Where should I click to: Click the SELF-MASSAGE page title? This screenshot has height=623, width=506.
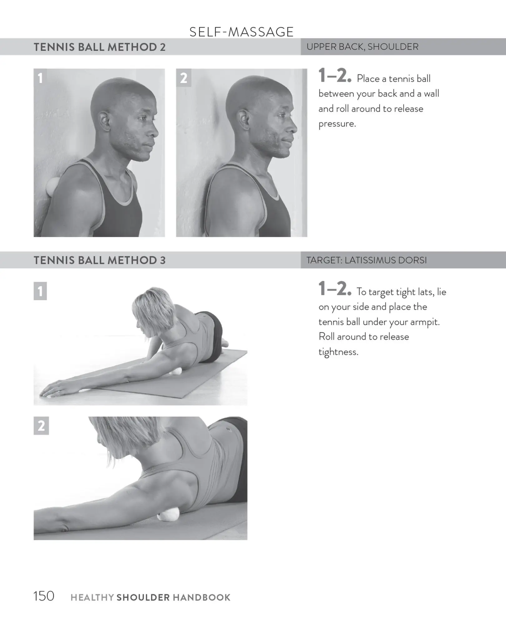tap(241, 32)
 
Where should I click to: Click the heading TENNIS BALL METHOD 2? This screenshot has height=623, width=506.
tap(100, 47)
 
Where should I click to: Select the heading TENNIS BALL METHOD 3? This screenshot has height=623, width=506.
tap(100, 260)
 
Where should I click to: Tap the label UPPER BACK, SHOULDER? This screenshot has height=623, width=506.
tap(362, 47)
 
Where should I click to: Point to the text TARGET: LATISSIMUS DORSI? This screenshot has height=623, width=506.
tap(366, 260)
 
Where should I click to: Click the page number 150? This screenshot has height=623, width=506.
tap(44, 596)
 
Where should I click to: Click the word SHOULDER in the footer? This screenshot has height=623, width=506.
tap(143, 597)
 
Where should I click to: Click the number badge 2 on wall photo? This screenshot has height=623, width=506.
tap(183, 78)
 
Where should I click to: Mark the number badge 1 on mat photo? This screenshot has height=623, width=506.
tap(40, 291)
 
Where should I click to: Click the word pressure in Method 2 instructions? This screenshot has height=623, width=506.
tap(337, 124)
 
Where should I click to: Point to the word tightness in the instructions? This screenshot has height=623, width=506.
tap(338, 352)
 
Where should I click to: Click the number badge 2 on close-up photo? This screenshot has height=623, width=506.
tap(41, 426)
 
